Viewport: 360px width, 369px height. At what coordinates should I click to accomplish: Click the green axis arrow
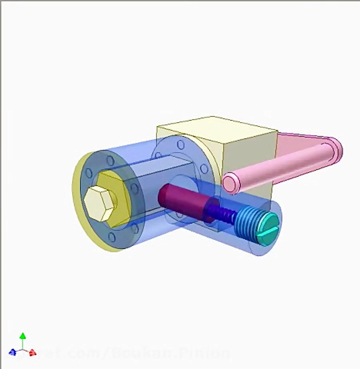(23, 336)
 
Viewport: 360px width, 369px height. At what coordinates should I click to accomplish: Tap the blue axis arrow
(13, 352)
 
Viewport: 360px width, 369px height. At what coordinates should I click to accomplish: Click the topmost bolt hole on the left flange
(110, 161)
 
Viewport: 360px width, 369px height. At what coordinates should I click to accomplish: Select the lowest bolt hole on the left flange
(112, 237)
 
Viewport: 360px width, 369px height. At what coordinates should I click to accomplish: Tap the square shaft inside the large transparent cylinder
(160, 176)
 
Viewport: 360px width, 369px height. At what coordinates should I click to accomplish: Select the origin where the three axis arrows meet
(23, 350)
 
